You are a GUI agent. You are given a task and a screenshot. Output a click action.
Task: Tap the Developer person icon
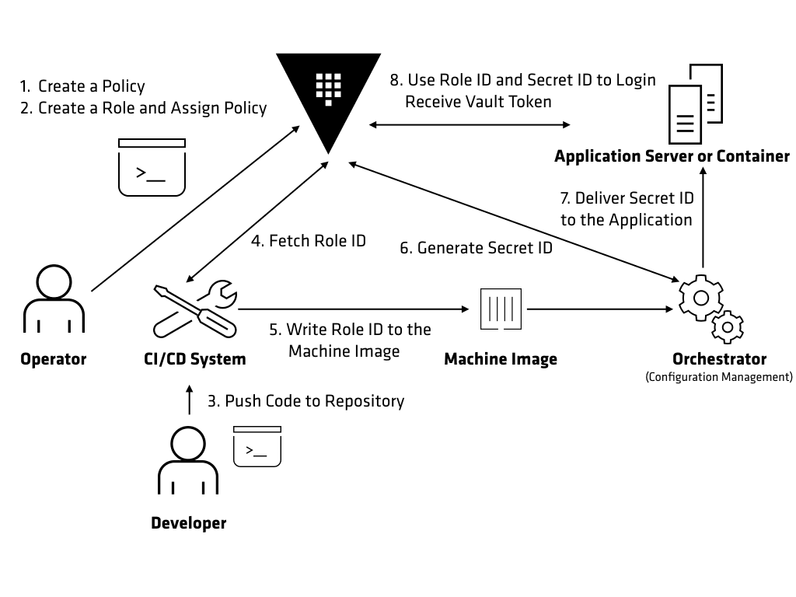(x=188, y=463)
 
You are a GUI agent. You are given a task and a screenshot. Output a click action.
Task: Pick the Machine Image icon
(x=501, y=309)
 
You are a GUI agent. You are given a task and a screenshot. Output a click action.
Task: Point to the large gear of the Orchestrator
(x=700, y=297)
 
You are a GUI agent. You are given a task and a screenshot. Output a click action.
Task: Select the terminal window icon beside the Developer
(x=257, y=446)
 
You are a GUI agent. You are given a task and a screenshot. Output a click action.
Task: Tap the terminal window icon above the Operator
(x=152, y=167)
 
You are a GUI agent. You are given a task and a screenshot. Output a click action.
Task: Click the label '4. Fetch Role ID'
(x=308, y=241)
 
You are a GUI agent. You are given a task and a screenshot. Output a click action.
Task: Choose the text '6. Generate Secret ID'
(x=477, y=248)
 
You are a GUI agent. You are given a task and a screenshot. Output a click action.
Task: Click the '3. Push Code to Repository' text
(x=305, y=401)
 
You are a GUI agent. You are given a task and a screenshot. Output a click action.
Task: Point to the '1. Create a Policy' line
(x=82, y=86)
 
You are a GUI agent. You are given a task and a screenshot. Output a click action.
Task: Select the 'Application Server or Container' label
(x=672, y=156)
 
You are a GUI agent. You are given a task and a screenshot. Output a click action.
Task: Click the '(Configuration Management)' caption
(x=719, y=377)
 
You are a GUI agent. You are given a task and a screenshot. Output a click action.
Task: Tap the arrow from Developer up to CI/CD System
(x=188, y=400)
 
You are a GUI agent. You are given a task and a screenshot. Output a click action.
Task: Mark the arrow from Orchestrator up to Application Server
(x=703, y=218)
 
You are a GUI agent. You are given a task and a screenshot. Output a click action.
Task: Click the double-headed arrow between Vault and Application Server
(x=470, y=124)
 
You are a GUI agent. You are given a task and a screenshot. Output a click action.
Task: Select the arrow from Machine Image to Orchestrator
(x=599, y=309)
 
